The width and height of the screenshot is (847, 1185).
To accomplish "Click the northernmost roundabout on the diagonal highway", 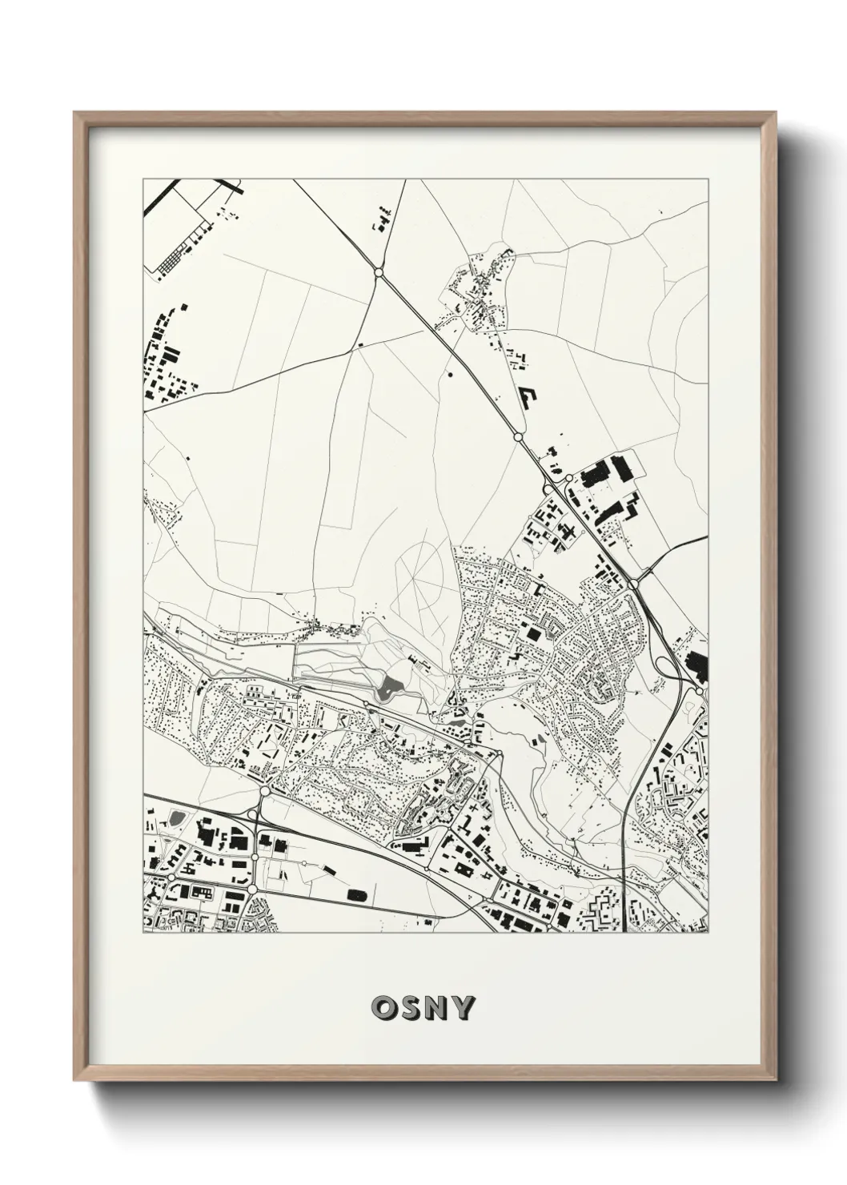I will (x=378, y=273).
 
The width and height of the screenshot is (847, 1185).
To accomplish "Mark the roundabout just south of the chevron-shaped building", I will (x=518, y=437).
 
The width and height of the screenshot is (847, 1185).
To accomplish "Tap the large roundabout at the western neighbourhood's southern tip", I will (x=264, y=792).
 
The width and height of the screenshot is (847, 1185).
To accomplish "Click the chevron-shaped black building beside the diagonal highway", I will (x=529, y=397).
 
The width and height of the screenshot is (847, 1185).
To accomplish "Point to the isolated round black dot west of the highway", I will (x=449, y=373).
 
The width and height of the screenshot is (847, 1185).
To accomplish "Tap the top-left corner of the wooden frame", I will (x=75, y=113).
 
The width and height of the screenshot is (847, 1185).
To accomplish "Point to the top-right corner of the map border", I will (x=709, y=179).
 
